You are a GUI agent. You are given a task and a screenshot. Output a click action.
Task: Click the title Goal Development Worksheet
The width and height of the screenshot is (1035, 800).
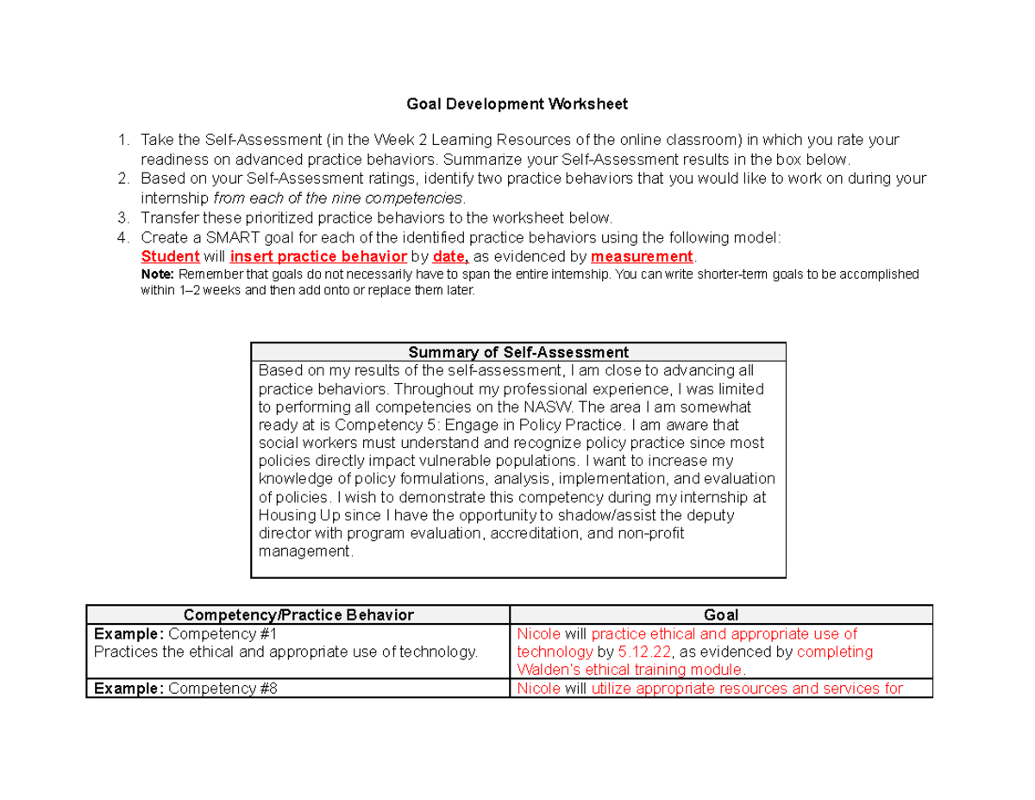click(x=517, y=104)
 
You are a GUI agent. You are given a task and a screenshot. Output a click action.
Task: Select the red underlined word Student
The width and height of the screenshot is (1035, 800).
click(x=170, y=256)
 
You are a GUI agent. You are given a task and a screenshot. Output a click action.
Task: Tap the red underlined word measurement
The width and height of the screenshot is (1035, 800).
click(x=642, y=256)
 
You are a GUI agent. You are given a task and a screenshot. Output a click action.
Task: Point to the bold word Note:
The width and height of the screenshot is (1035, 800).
click(x=157, y=274)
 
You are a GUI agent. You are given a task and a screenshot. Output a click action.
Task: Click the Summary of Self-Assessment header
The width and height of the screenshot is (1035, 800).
click(x=517, y=352)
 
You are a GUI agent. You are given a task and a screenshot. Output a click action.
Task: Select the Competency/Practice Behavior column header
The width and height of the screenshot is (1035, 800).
click(x=298, y=614)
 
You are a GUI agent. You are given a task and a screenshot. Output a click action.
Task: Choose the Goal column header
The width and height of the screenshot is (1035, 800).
click(x=721, y=614)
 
